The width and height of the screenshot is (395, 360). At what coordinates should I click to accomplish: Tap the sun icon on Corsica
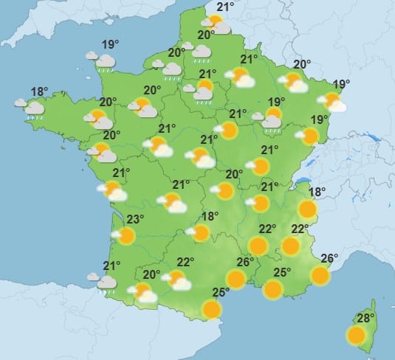(357, 336)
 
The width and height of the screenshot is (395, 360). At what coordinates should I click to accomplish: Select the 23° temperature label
(134, 219)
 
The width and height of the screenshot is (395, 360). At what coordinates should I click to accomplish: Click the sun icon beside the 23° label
(126, 236)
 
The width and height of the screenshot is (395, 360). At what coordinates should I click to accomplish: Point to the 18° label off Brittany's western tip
(39, 92)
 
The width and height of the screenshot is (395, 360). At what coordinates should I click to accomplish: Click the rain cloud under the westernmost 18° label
(34, 109)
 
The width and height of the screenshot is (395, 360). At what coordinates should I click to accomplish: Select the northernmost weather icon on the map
(216, 25)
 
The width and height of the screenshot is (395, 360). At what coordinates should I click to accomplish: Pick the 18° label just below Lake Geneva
(317, 193)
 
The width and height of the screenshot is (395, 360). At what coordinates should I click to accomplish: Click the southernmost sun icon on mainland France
(212, 309)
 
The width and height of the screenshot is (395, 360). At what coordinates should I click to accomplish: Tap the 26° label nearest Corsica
(329, 258)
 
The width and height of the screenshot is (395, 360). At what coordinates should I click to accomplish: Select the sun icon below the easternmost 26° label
(320, 275)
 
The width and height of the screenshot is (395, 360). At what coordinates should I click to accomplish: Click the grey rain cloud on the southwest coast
(107, 283)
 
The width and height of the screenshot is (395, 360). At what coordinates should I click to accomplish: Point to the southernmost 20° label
(152, 274)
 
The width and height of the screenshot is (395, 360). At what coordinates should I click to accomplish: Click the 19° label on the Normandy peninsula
(111, 42)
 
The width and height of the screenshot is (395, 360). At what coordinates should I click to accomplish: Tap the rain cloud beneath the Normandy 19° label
(106, 60)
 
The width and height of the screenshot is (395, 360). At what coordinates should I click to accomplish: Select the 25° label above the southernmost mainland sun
(221, 292)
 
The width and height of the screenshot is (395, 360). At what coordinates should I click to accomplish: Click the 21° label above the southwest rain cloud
(112, 266)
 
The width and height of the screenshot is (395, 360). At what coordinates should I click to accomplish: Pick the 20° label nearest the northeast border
(302, 64)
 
